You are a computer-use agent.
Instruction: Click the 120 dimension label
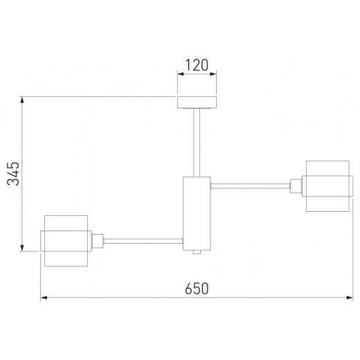pos(197,65)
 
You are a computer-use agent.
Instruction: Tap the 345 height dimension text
pos(13,174)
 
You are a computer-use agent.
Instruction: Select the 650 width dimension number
pos(197,288)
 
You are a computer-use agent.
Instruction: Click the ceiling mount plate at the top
pos(197,102)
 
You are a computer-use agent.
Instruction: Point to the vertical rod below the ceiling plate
pos(197,143)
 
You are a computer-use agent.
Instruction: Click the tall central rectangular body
pos(197,213)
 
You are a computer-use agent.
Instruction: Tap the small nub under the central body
pos(197,252)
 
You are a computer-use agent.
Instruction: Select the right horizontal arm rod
pos(251,186)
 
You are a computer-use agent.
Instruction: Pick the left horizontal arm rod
pos(143,241)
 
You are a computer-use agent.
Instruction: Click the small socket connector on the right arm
pos(296,186)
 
